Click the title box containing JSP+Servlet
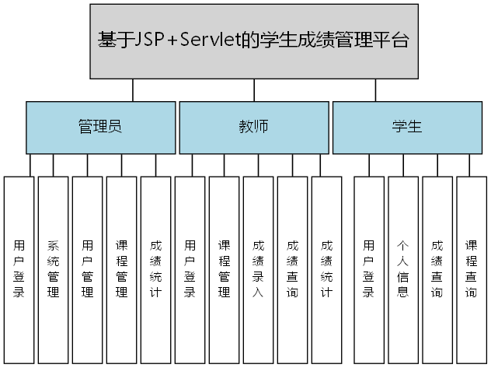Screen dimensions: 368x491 point(253,41)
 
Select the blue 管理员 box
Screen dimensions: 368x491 point(100,128)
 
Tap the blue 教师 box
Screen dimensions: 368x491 point(253,128)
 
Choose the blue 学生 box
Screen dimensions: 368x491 point(407,128)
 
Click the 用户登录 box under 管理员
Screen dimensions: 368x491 point(19,269)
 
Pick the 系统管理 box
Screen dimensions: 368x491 point(53,269)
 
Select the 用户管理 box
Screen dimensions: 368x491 point(87,269)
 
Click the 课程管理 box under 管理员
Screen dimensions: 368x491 point(121,269)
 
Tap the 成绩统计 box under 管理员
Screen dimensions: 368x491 point(155,269)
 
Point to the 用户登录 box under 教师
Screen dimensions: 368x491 point(190,269)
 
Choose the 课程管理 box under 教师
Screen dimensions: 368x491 point(224,269)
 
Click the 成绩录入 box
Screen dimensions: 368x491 point(258,269)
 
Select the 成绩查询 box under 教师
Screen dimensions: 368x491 point(292,269)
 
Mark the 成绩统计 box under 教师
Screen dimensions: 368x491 point(326,269)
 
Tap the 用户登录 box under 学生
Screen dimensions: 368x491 point(368,269)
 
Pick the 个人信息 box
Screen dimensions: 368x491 point(402,269)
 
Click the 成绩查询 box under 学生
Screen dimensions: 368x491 point(437,269)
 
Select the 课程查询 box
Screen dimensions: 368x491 point(471,269)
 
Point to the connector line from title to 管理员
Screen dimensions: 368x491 point(134,90)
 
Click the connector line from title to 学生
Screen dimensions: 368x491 point(375,90)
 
